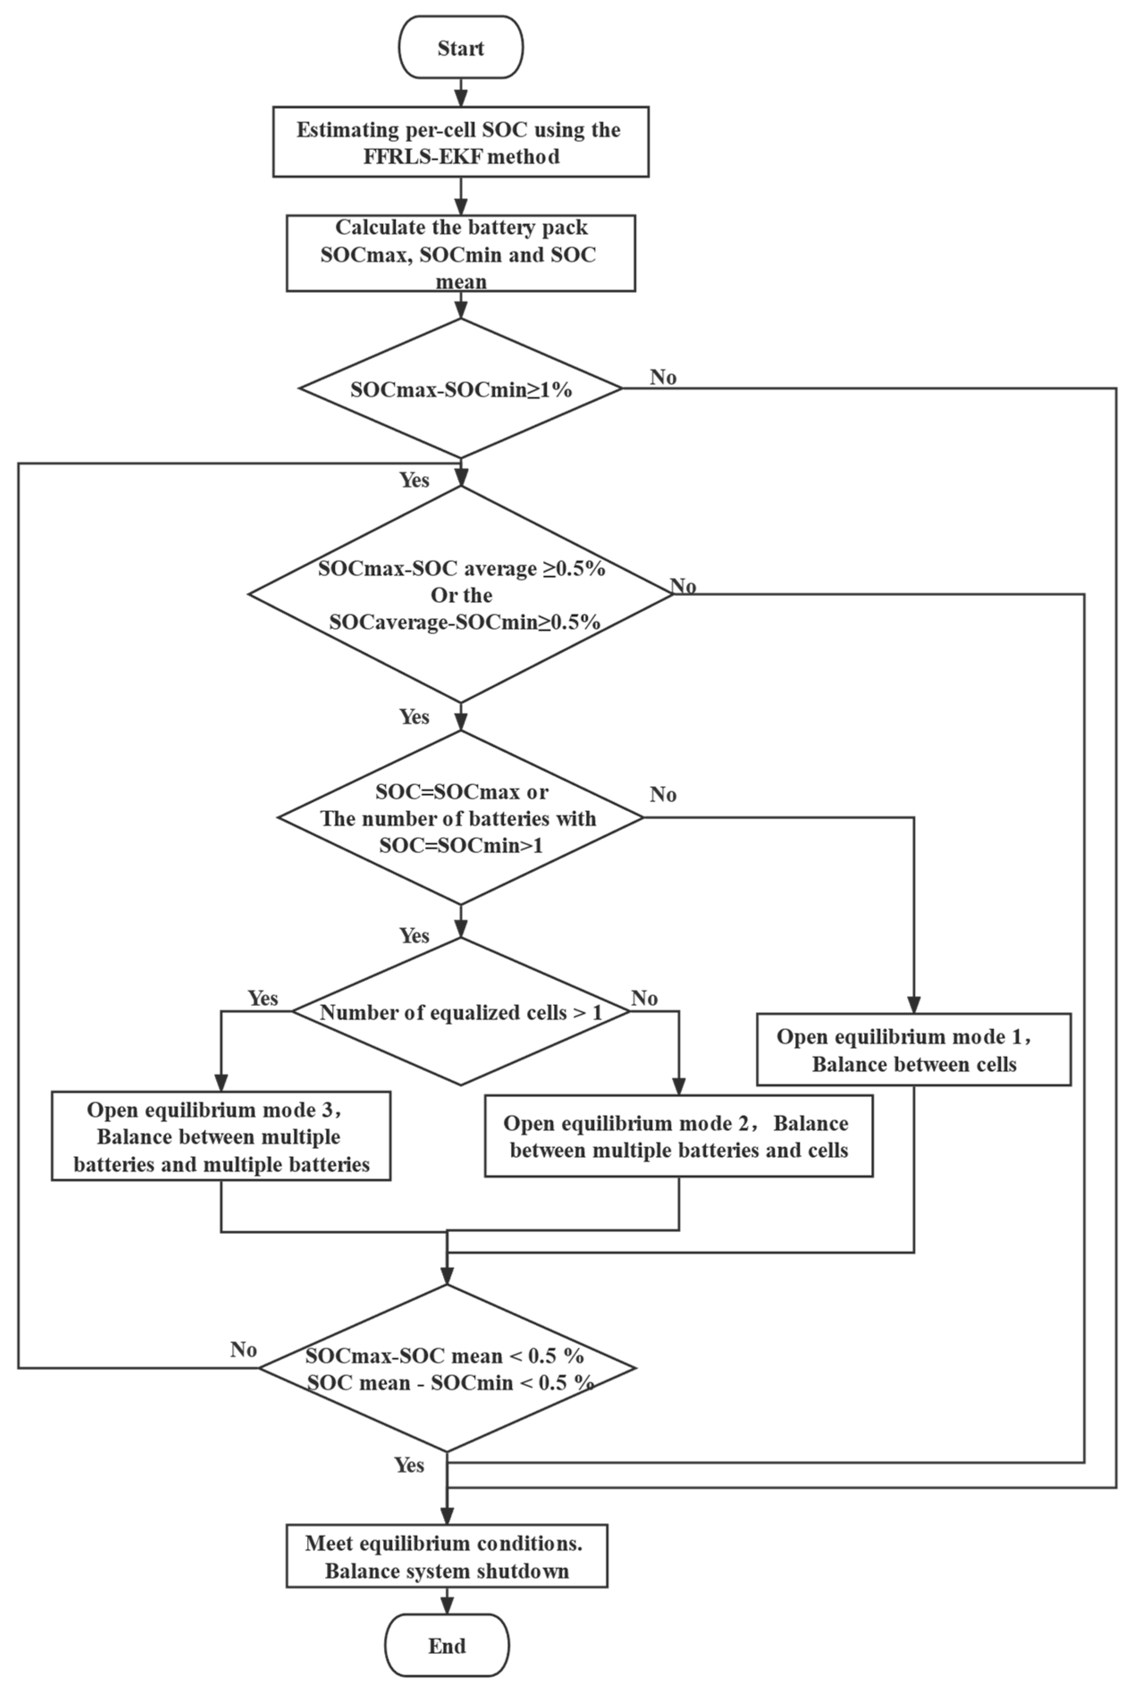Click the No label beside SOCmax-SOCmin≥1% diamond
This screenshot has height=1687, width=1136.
663,377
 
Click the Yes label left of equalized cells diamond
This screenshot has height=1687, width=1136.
262,998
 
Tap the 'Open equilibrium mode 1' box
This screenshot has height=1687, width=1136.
913,1050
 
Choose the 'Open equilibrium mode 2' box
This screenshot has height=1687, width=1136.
678,1136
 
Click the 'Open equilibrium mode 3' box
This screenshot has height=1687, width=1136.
221,1136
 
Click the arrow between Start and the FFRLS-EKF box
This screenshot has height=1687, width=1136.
461,92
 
